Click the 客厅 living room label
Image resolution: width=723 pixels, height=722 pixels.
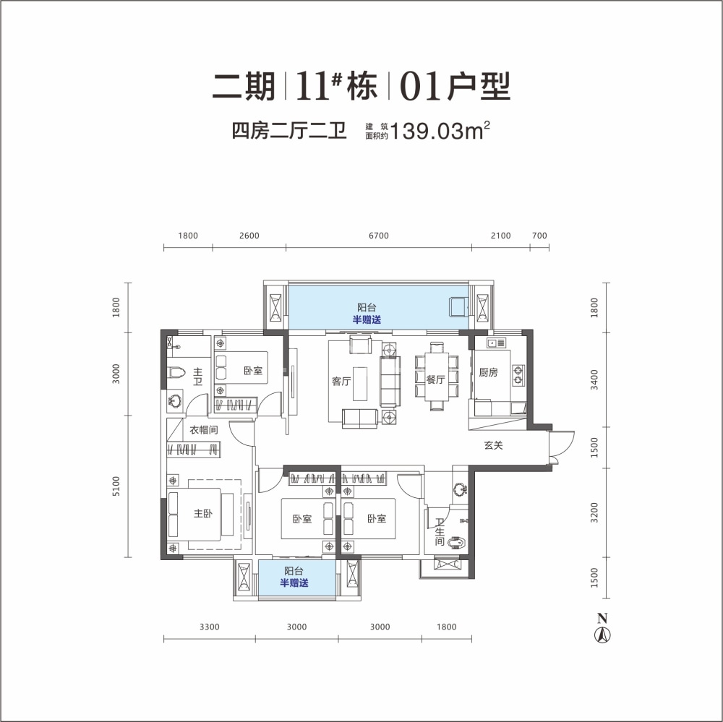pos(341,382)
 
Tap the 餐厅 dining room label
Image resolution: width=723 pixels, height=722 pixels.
pos(435,379)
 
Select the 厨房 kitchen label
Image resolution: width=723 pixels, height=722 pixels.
pos(488,372)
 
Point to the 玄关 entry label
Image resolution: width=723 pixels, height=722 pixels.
pos(493,445)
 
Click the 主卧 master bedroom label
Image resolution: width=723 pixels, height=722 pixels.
pos(203,513)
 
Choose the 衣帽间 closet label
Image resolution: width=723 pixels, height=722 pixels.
pos(204,430)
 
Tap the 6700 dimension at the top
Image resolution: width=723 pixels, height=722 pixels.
pos(379,236)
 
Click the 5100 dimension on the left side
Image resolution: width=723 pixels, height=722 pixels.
pos(116,486)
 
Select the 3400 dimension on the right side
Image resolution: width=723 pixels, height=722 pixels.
pos(594,379)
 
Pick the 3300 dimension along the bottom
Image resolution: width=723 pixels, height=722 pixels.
pos(210,627)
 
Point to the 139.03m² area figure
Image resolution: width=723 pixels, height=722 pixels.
pos(440,131)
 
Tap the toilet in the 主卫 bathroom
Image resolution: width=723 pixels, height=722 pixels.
pos(176,371)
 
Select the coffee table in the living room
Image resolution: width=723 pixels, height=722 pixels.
pos(360,384)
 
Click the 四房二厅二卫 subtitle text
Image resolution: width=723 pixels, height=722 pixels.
pos(289,131)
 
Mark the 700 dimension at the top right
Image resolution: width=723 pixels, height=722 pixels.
pos(539,236)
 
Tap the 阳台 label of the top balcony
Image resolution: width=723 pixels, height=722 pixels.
pos(367,308)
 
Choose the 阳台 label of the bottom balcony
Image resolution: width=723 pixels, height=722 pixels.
pos(294,571)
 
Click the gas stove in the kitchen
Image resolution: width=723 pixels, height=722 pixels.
pos(518,375)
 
